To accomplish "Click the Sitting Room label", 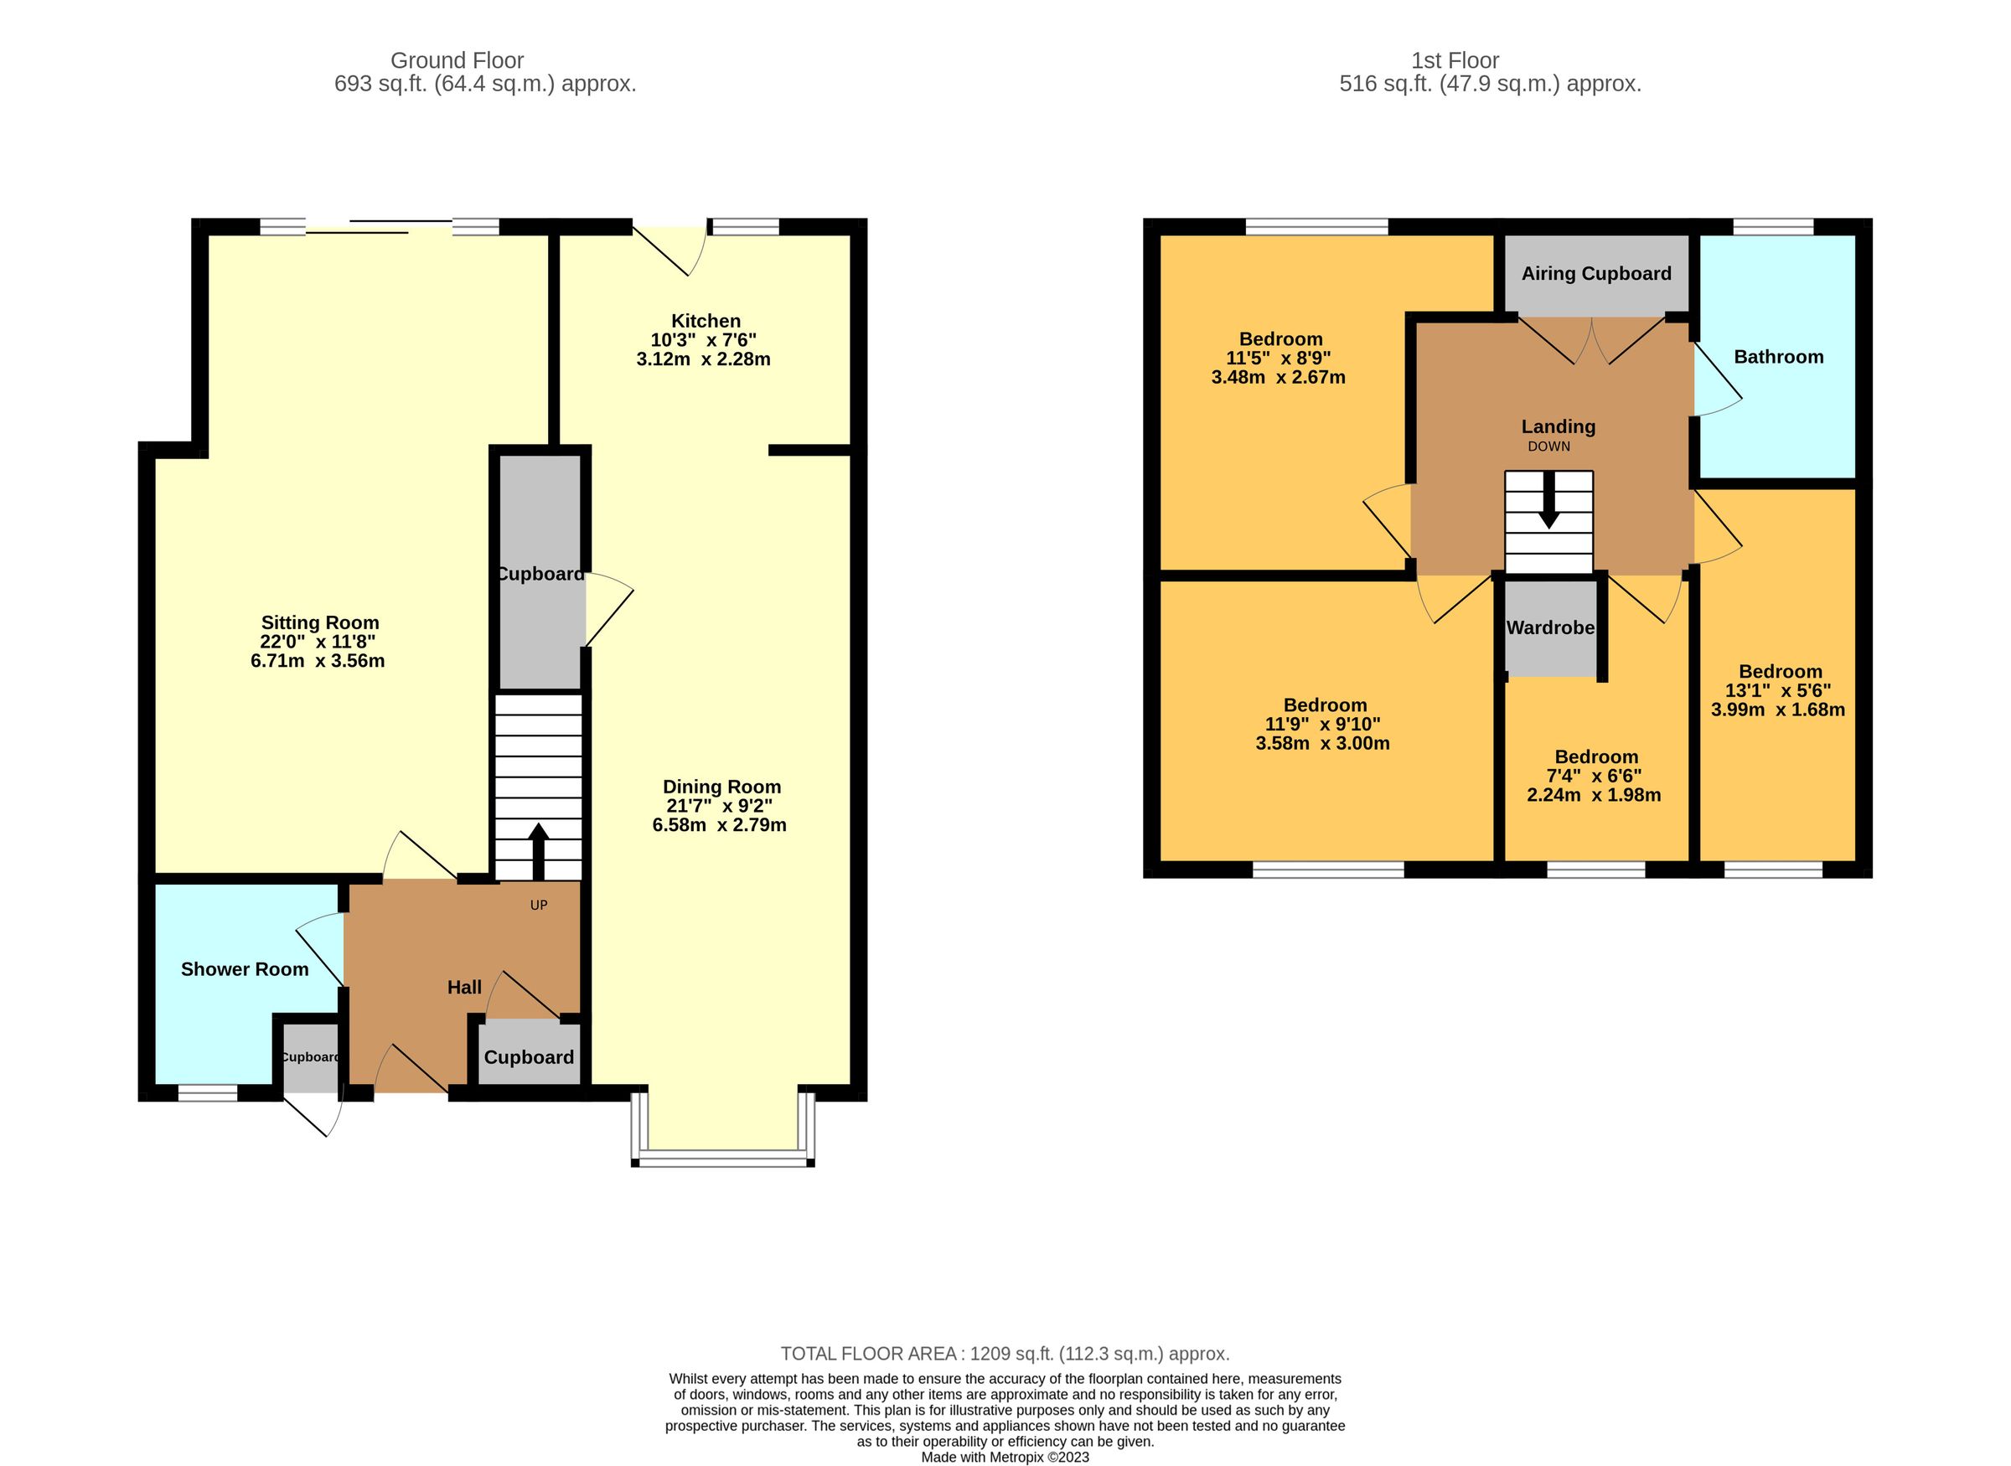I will (319, 623).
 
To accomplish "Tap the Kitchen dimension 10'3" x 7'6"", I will (703, 340).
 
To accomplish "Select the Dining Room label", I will (721, 787).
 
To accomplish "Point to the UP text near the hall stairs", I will (539, 906).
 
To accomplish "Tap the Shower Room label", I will (245, 970).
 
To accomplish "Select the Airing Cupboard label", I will (1595, 274).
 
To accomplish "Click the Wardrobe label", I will (1550, 628).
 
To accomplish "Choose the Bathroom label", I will (1779, 358).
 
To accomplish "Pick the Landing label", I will (1559, 428).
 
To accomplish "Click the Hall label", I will (464, 988).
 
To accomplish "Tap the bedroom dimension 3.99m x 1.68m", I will (1777, 710).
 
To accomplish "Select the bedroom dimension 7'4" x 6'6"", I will (1594, 777).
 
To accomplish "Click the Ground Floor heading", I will (457, 61).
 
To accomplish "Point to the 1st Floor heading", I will (1455, 61).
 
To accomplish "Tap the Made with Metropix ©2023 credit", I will (1005, 1457).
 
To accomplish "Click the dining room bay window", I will (722, 1159).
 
